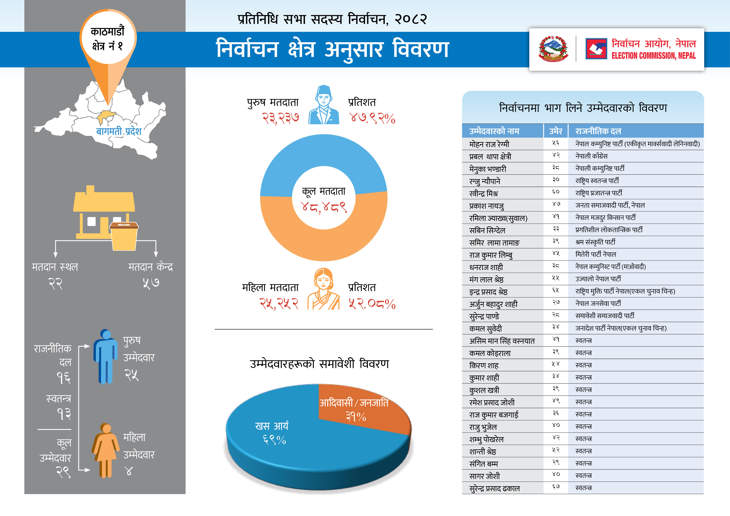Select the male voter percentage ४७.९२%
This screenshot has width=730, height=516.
click(372, 118)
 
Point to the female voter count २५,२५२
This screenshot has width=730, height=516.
click(279, 304)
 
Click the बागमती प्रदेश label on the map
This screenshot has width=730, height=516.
click(119, 131)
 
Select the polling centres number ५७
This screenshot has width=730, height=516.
click(151, 282)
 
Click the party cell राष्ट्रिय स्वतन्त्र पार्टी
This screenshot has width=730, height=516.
click(597, 181)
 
